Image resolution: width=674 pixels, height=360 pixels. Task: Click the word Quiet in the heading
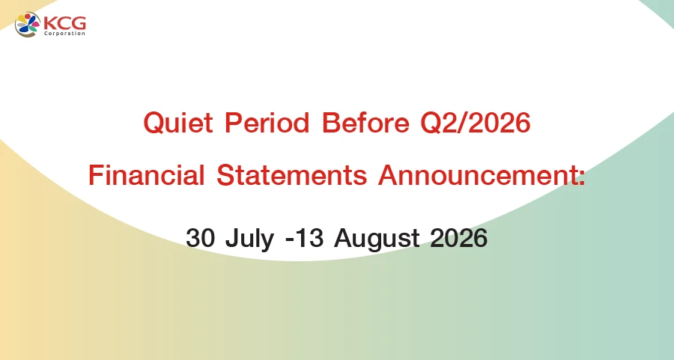tap(178, 123)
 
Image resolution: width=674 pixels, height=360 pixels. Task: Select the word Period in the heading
tap(267, 123)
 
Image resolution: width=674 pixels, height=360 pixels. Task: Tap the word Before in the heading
tap(365, 123)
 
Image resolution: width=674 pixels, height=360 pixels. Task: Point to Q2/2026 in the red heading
tap(476, 123)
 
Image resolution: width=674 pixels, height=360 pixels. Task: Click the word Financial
tap(146, 175)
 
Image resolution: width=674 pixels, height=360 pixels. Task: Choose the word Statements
tap(292, 175)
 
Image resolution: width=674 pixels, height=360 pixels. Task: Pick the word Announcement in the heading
tap(478, 175)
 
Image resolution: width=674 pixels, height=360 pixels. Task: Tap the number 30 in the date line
tap(200, 237)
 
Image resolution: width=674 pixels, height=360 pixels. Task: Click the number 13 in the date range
tap(309, 237)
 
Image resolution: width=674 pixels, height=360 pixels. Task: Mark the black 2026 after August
tap(458, 237)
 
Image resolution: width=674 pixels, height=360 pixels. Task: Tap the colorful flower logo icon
tap(28, 25)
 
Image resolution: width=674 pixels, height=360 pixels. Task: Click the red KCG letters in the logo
tap(65, 22)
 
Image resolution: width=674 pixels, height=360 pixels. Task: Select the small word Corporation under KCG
tap(65, 34)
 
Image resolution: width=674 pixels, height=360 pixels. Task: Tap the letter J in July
tap(233, 237)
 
